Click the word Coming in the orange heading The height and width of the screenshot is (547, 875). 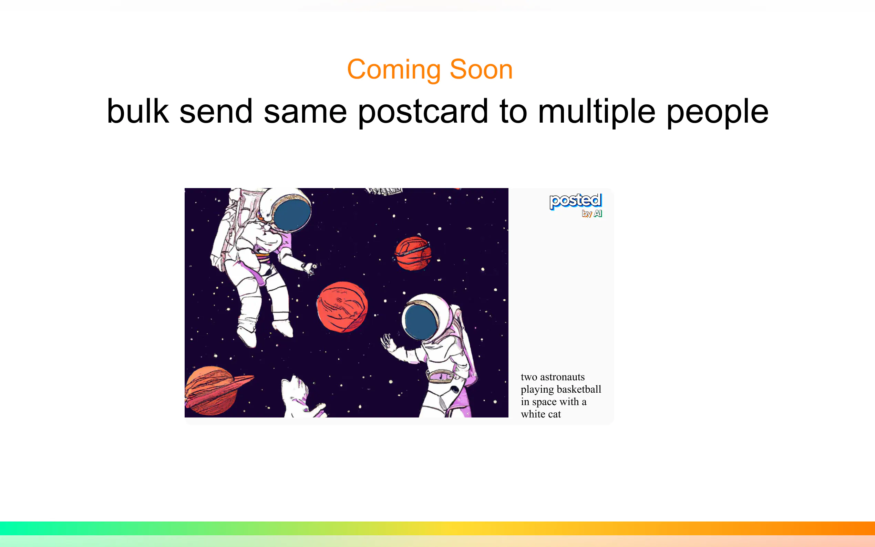pos(393,70)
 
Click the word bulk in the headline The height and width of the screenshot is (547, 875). pos(138,111)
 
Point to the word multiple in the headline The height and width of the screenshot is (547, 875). pos(596,113)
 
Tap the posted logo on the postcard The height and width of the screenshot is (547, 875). pos(576,201)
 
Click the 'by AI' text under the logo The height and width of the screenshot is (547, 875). pos(592,214)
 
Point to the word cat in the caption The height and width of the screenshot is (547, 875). pos(554,414)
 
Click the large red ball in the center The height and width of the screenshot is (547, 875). pos(342,307)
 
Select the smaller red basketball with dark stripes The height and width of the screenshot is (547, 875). pos(413,254)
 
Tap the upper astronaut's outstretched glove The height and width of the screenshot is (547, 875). pos(309,268)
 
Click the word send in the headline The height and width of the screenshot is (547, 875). pos(216,111)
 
